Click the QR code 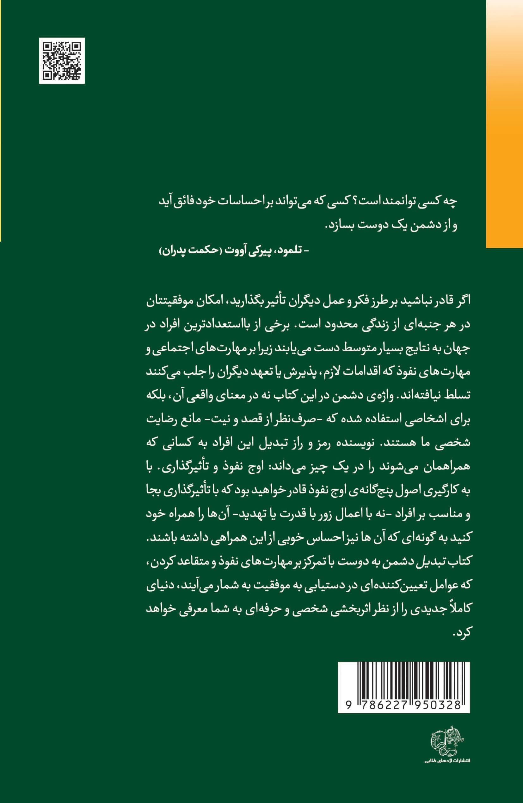coord(62,61)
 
